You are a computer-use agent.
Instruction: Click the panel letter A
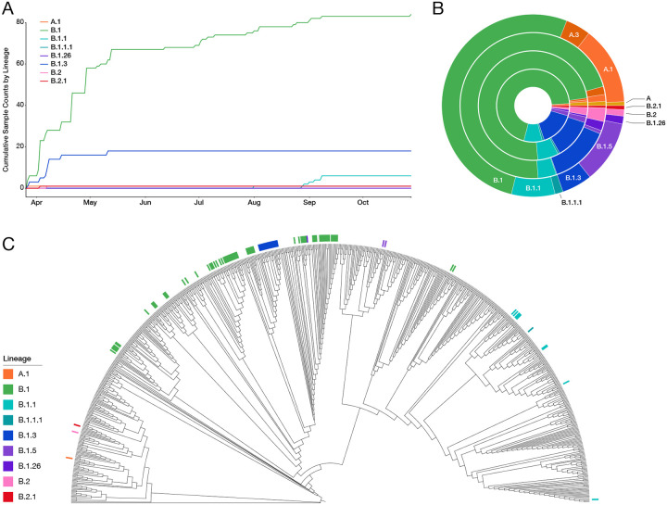point(7,8)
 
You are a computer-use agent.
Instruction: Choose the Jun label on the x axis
point(145,201)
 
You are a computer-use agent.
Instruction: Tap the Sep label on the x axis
point(309,201)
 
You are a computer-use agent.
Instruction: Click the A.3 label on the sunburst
point(573,34)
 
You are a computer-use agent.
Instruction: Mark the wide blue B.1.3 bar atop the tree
point(268,245)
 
